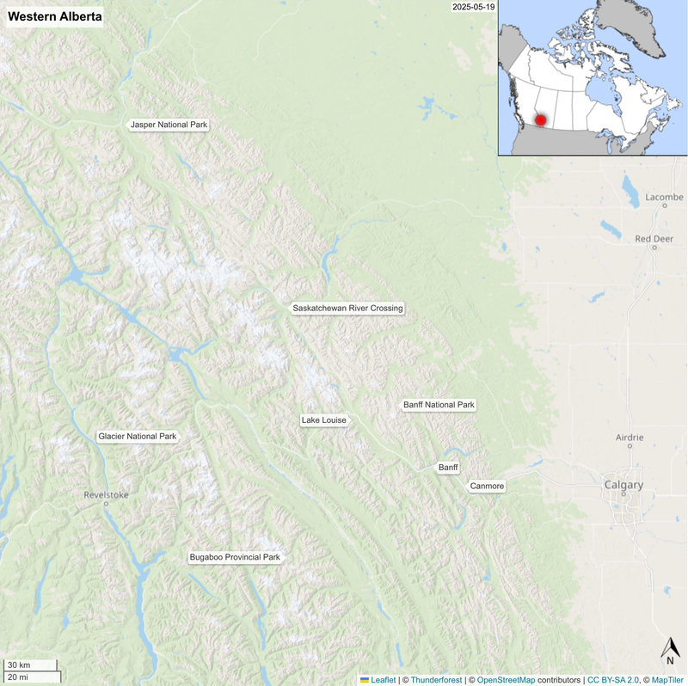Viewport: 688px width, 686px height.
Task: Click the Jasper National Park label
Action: point(169,126)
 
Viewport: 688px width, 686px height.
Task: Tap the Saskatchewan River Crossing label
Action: point(347,308)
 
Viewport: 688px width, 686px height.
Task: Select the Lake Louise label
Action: point(323,420)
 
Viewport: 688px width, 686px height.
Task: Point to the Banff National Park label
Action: point(439,405)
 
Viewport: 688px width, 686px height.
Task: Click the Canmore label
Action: point(487,487)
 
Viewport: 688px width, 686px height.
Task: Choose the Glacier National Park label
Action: point(138,437)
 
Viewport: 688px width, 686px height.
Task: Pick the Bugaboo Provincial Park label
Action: point(235,558)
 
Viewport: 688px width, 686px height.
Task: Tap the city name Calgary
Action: point(623,485)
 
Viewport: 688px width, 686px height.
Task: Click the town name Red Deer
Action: point(654,238)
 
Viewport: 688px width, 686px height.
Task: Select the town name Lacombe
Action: point(664,197)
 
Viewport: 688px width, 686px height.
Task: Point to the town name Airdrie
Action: point(630,438)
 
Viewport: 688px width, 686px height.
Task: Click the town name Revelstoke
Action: point(106,494)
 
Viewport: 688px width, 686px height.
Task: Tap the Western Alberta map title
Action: point(55,16)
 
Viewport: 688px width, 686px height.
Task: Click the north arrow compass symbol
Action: point(670,651)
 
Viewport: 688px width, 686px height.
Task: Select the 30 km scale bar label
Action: point(19,665)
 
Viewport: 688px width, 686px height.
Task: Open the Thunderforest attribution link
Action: point(437,679)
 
